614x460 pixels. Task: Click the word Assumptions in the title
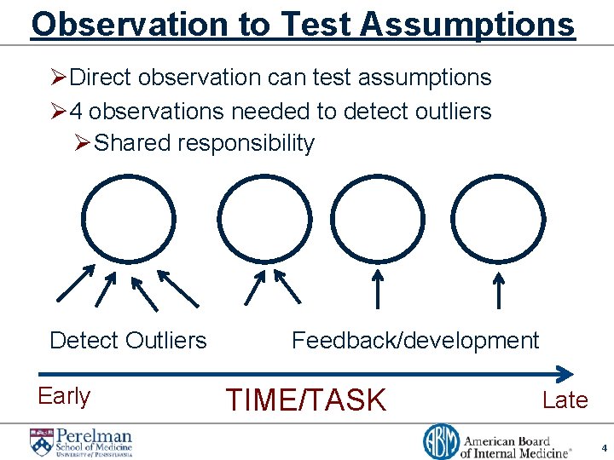click(x=468, y=25)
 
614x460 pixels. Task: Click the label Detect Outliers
click(x=128, y=341)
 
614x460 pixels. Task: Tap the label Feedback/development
click(x=415, y=341)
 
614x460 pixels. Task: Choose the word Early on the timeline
click(x=64, y=396)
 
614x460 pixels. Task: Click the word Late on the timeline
click(x=565, y=400)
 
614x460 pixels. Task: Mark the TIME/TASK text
click(x=305, y=400)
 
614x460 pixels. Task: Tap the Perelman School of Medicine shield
click(x=42, y=442)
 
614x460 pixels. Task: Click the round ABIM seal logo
click(x=441, y=441)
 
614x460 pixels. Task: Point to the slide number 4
click(x=603, y=447)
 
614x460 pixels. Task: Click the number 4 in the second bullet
click(x=75, y=111)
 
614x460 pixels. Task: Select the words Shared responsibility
click(x=204, y=143)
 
